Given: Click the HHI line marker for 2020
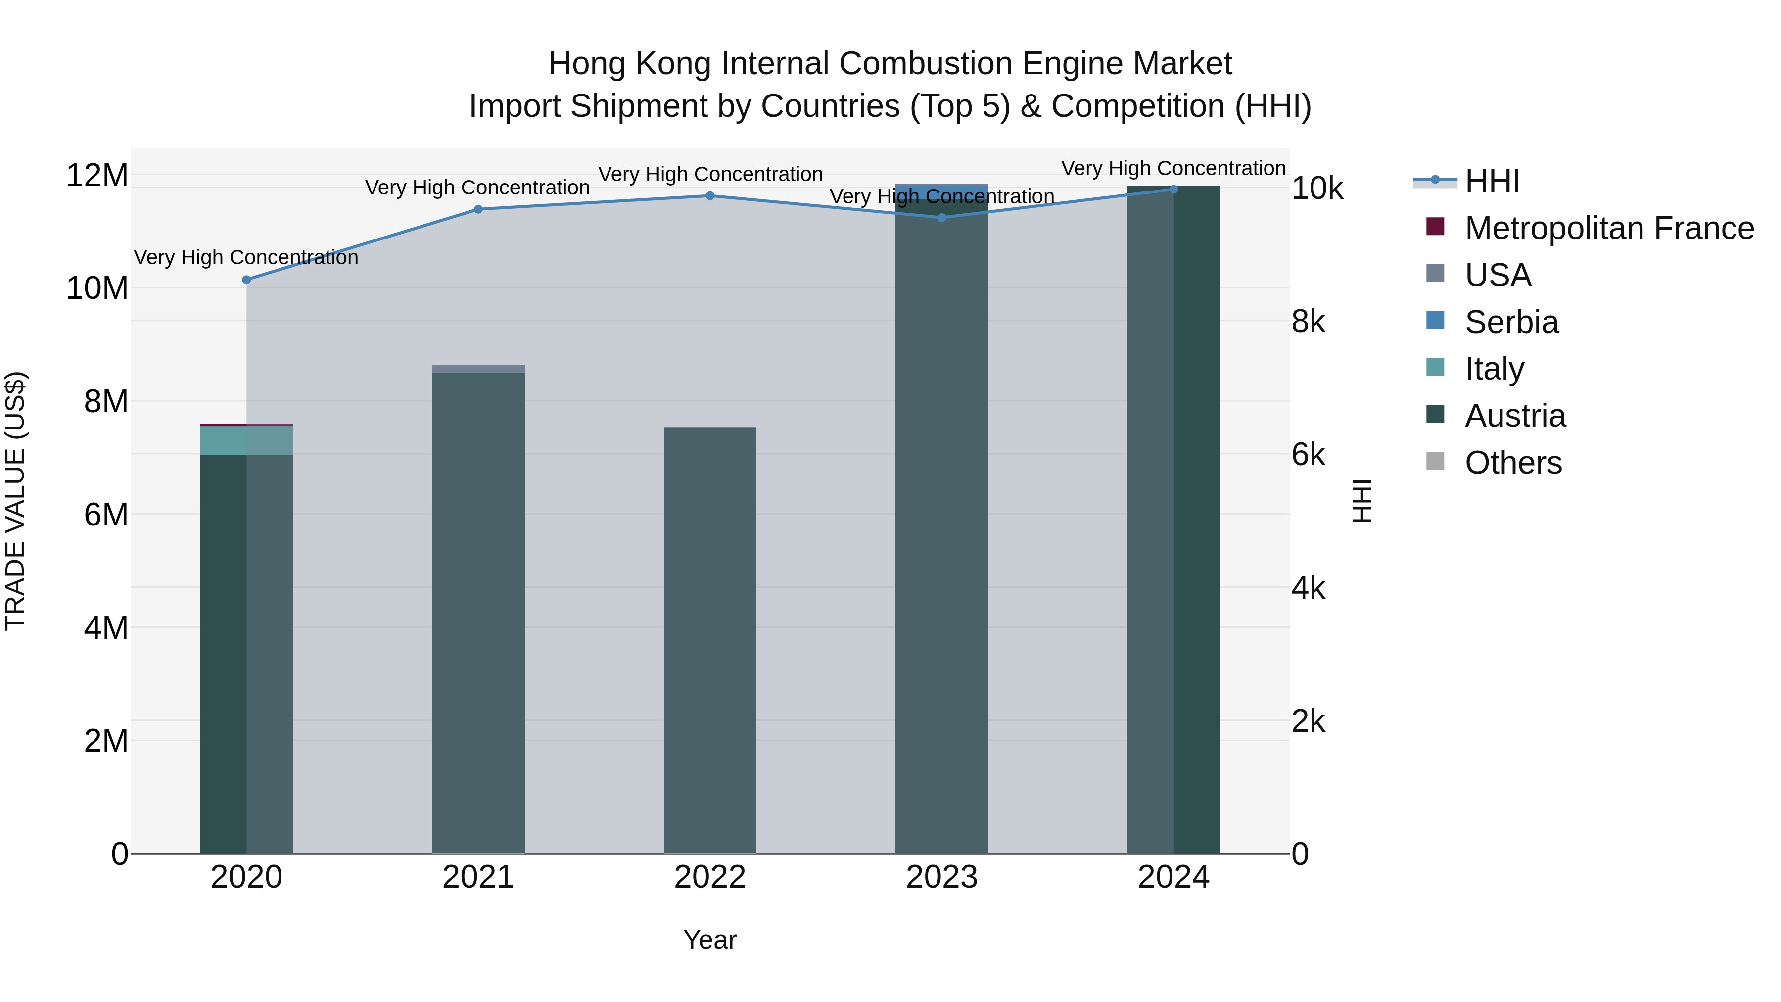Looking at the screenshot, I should point(246,280).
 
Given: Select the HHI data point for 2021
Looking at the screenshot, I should point(478,209).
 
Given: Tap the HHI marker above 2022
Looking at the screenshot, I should point(709,195).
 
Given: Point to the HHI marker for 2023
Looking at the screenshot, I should point(941,217).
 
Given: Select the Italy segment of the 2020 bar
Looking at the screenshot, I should point(246,440).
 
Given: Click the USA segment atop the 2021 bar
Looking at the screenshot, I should point(478,369).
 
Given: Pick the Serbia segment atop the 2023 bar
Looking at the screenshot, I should point(941,190).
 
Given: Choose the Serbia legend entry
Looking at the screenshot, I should point(1511,322).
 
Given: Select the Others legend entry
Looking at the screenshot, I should point(1513,463).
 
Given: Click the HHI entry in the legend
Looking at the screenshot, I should point(1492,181).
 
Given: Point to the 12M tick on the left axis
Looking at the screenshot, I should point(97,175).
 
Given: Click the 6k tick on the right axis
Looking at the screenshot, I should point(1308,455).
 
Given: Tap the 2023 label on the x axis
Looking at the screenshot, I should point(941,877).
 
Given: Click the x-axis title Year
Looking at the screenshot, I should point(709,940).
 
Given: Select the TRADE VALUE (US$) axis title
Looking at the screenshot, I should point(15,501).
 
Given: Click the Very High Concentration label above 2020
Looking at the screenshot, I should point(246,257).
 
